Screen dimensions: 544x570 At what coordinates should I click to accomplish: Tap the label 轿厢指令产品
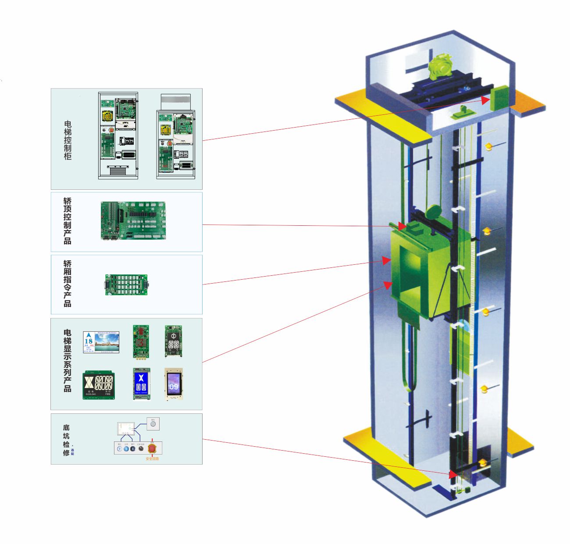pos(67,283)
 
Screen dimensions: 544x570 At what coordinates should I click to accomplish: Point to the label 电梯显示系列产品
pos(67,360)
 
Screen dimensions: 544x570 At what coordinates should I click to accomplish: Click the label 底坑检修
pos(66,440)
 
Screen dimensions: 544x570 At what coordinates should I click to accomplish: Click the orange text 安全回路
pos(152,459)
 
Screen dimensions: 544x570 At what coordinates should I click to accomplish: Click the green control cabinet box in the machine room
pos(499,98)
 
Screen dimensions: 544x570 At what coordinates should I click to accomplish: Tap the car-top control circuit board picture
pos(133,220)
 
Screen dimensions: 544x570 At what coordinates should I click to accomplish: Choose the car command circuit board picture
pos(126,284)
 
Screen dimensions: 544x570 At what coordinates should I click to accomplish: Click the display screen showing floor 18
pos(101,342)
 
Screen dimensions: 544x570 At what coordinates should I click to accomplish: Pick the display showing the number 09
pos(174,384)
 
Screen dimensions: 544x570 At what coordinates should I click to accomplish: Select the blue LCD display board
pos(141,384)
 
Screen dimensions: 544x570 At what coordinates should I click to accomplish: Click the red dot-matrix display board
pos(141,341)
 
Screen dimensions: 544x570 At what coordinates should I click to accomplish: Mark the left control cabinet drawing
pos(118,135)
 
